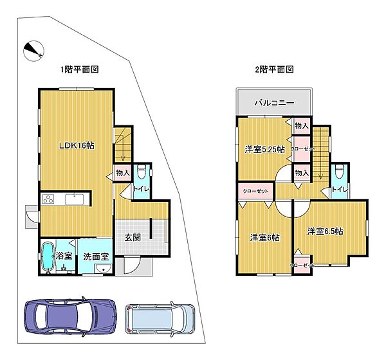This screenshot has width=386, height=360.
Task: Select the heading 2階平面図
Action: (274, 69)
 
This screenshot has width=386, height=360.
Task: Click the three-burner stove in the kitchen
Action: (50, 199)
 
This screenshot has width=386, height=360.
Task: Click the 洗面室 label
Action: (96, 256)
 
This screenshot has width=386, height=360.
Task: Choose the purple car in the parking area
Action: (69, 316)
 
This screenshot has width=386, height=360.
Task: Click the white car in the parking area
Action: (160, 318)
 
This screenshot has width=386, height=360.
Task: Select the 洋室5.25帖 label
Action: (264, 150)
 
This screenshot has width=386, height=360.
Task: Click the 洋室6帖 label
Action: (264, 237)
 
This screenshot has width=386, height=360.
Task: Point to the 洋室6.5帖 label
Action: (324, 231)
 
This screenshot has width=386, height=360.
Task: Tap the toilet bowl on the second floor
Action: (339, 172)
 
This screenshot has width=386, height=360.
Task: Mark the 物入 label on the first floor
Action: (123, 172)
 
